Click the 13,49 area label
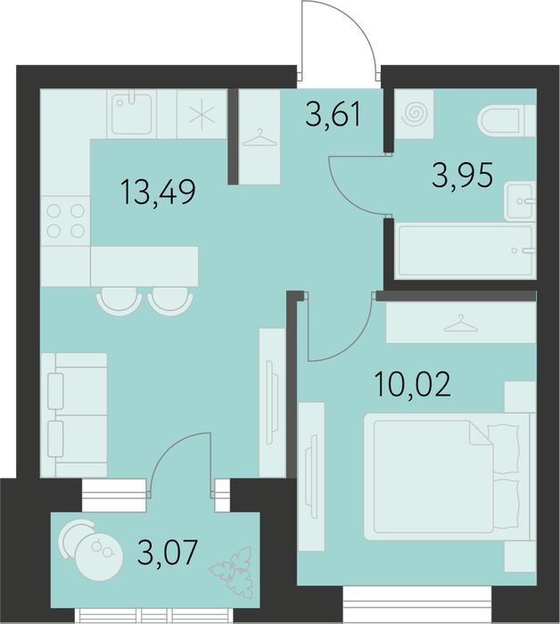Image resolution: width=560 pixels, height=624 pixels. point(158,193)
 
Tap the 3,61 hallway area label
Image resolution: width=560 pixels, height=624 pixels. point(334,114)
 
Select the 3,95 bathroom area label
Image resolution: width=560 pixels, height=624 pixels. point(463,175)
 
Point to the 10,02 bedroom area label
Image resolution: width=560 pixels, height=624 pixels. point(413,383)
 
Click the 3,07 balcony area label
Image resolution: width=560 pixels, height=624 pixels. point(167,552)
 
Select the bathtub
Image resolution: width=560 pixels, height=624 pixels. point(465,250)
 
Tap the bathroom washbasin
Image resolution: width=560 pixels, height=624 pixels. point(519,201)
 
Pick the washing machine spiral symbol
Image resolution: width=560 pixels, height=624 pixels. point(415,114)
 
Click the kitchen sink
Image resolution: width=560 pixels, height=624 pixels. point(131,114)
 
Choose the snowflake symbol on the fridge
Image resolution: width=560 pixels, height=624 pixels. point(202,114)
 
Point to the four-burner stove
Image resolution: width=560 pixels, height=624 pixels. point(66,221)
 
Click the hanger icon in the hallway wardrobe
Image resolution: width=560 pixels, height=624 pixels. point(259,138)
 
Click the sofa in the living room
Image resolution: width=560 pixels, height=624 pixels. point(74,415)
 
